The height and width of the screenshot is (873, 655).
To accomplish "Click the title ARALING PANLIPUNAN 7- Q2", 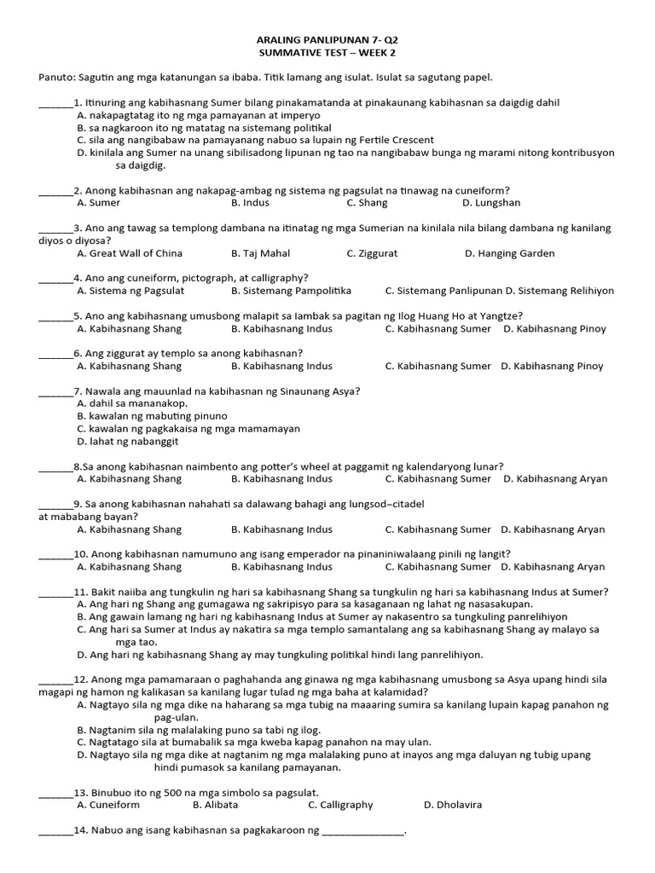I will (x=327, y=41).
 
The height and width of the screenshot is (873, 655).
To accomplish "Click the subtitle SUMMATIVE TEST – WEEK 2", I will (x=327, y=53).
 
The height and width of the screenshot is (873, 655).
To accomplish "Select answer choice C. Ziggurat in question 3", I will (x=372, y=253).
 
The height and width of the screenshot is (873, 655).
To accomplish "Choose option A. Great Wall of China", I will (x=129, y=253).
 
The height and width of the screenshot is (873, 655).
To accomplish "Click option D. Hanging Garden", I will (x=509, y=253).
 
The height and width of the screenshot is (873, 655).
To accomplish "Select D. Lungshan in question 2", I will (x=490, y=203).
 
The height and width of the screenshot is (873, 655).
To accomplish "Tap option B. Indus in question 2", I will (x=250, y=203).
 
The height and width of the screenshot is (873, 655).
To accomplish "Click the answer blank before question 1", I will (x=56, y=104).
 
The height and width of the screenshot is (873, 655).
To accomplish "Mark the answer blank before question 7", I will (x=56, y=392).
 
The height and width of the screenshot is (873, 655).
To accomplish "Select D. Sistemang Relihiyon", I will (x=559, y=291).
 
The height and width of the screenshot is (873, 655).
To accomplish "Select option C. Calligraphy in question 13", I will (x=340, y=804).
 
